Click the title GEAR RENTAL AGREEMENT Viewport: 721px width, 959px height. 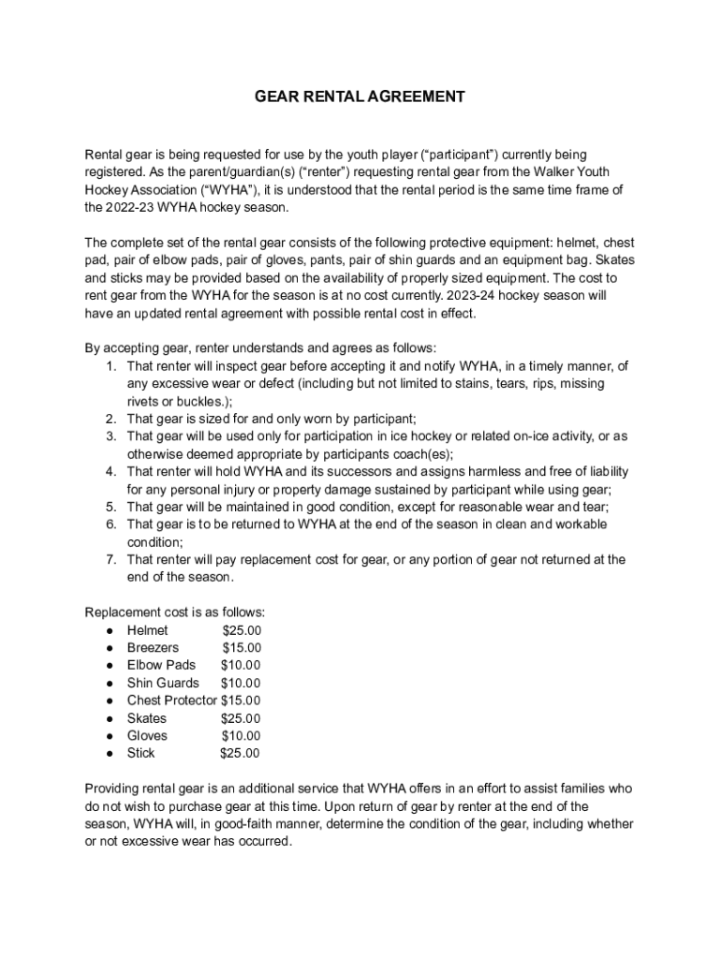tap(360, 96)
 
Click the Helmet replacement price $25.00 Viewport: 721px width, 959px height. tap(242, 630)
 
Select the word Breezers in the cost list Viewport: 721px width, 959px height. tap(153, 647)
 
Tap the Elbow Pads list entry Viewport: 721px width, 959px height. tap(161, 665)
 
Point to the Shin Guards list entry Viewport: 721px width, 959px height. tap(163, 683)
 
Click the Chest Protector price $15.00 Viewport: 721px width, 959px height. tap(241, 701)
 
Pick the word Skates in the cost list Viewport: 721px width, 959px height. tap(147, 718)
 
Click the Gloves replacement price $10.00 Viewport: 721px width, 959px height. tap(241, 736)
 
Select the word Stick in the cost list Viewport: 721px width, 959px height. tap(141, 753)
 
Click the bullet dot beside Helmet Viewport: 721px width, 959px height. tap(110, 630)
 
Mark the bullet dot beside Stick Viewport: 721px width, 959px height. tap(110, 753)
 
